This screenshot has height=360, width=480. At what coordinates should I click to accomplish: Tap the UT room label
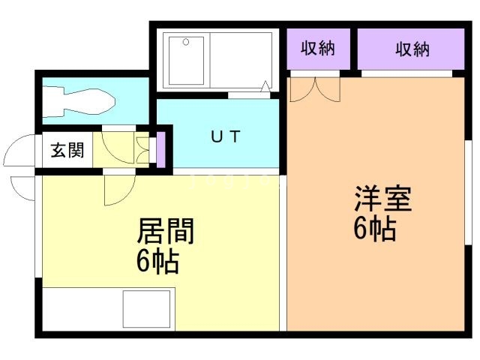224,136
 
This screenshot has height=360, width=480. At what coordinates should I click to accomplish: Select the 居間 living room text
165,232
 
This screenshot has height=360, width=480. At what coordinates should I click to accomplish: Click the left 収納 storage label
317,49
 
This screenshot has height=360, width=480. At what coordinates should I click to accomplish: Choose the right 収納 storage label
411,49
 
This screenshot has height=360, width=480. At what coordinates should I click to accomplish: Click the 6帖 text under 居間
157,262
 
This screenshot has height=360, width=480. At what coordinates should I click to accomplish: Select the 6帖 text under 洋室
375,229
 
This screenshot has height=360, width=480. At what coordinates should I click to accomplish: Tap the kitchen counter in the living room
109,307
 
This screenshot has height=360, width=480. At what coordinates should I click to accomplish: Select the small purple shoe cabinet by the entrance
159,151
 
